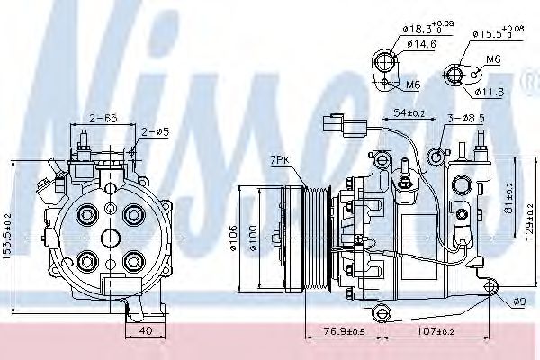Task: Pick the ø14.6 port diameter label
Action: [x=420, y=43]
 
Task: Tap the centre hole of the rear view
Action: [x=110, y=238]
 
